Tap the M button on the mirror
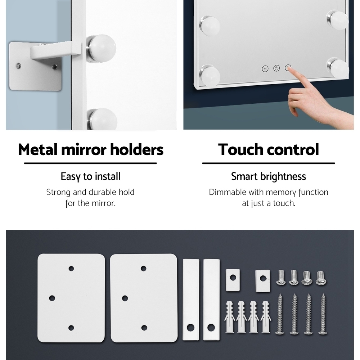[x=265, y=69]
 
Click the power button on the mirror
[x=276, y=68]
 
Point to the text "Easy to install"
[x=90, y=176]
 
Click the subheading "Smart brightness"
[x=269, y=176]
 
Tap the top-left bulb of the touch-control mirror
[x=210, y=26]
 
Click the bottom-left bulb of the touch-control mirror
[x=210, y=75]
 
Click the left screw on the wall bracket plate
[x=18, y=65]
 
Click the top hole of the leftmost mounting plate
[x=71, y=269]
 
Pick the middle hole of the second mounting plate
[x=125, y=298]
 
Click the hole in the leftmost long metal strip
[x=190, y=327]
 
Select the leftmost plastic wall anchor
[x=230, y=317]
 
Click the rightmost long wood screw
[x=323, y=314]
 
